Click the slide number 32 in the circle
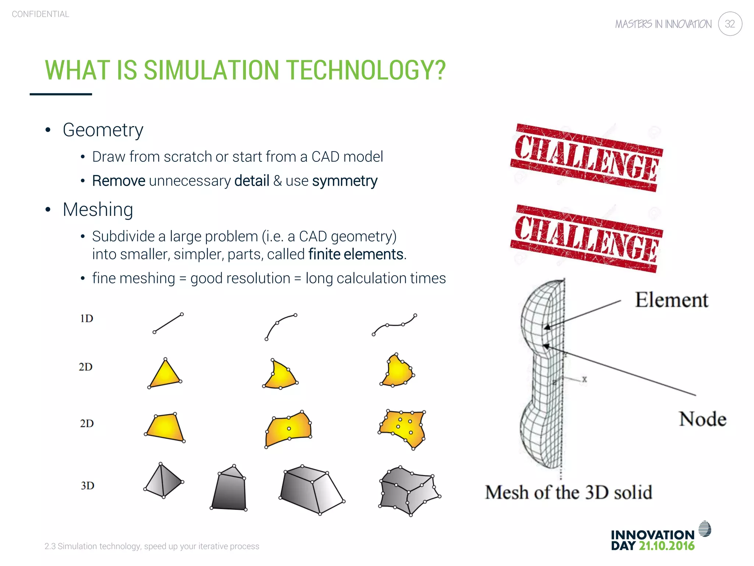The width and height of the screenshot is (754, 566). tap(730, 24)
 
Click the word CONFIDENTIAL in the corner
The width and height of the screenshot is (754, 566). tap(40, 14)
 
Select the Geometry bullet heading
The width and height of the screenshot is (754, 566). tap(103, 130)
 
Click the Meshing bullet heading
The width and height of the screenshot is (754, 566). tap(98, 209)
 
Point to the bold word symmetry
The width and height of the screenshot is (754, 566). tap(345, 181)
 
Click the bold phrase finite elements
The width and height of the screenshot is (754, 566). tap(356, 254)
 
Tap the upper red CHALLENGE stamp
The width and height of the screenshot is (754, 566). tap(586, 158)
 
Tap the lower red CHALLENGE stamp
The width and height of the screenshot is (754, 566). tap(586, 239)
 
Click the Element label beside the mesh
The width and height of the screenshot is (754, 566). tap(671, 300)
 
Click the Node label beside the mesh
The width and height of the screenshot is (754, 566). tap(702, 419)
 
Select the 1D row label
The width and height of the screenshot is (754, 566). tap(87, 318)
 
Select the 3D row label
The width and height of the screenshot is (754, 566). tap(88, 486)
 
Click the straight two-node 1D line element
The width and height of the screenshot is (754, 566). tap(168, 323)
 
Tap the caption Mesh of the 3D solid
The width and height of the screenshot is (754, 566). tap(568, 492)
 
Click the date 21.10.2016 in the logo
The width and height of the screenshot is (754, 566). tap(666, 546)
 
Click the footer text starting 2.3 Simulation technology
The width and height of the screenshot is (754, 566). tap(152, 546)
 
